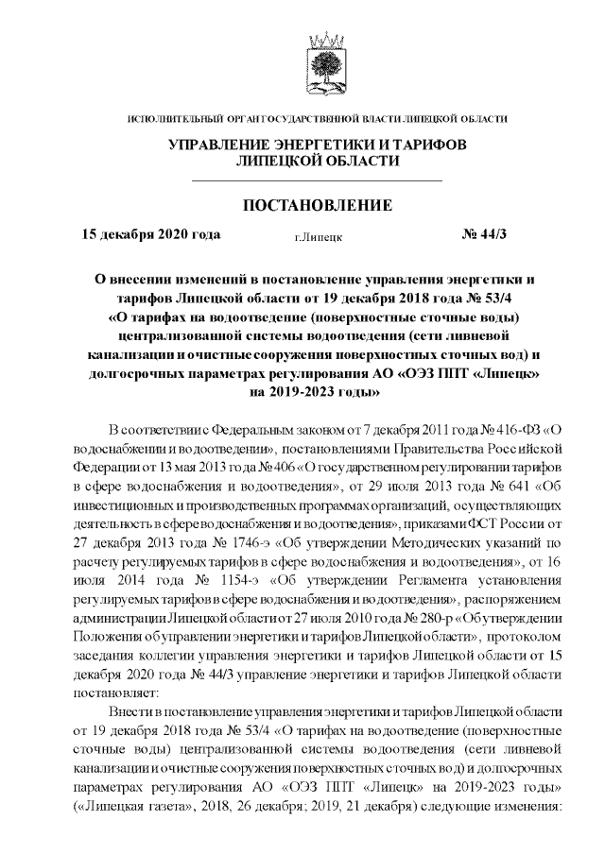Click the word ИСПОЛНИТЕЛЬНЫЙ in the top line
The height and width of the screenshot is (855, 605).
[172, 118]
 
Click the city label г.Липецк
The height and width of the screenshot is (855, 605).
[318, 236]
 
